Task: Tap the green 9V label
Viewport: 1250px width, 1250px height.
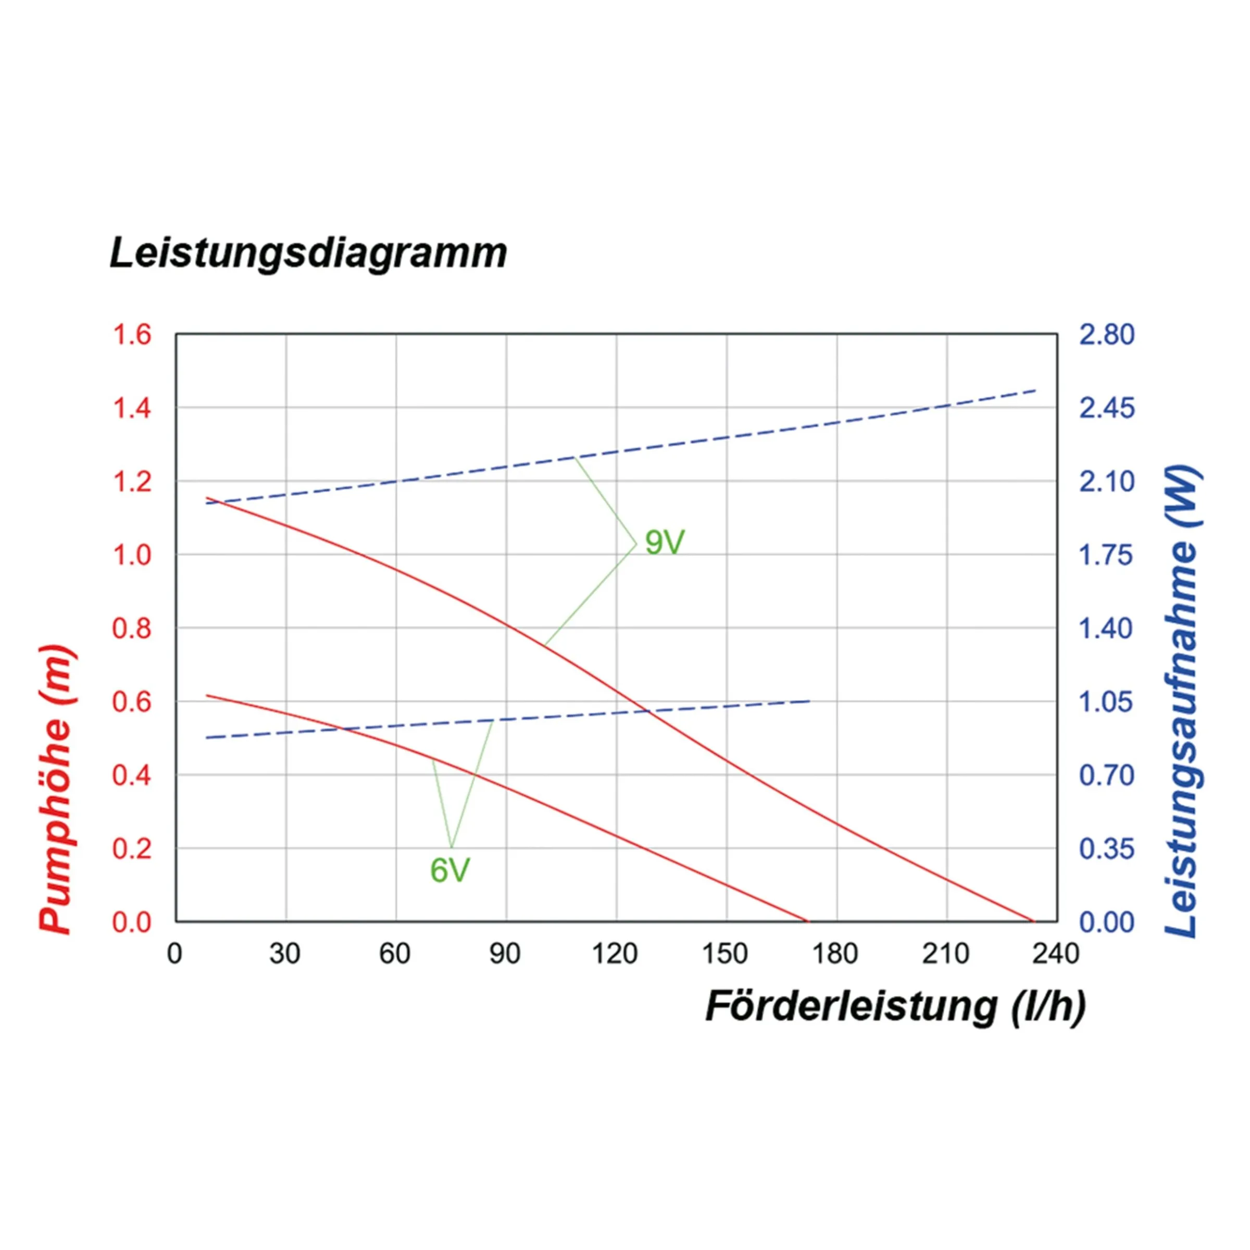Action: [x=665, y=542]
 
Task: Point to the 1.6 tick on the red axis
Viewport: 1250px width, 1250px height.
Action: [x=132, y=334]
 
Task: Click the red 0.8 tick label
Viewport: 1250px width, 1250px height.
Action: [x=132, y=628]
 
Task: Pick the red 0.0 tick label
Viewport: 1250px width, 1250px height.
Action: [x=132, y=922]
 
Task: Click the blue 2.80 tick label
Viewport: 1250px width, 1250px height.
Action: [x=1107, y=334]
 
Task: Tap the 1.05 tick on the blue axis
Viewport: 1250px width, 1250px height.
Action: [x=1107, y=702]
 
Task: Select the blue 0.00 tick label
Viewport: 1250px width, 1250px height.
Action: [x=1107, y=922]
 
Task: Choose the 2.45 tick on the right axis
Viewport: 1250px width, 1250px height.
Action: [x=1107, y=408]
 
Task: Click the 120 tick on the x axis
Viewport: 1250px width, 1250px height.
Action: [x=615, y=954]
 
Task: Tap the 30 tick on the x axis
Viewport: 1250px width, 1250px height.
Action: [x=285, y=954]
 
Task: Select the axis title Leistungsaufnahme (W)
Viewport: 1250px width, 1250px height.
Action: [x=1182, y=702]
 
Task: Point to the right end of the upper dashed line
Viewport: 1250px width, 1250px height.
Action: [x=1036, y=390]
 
